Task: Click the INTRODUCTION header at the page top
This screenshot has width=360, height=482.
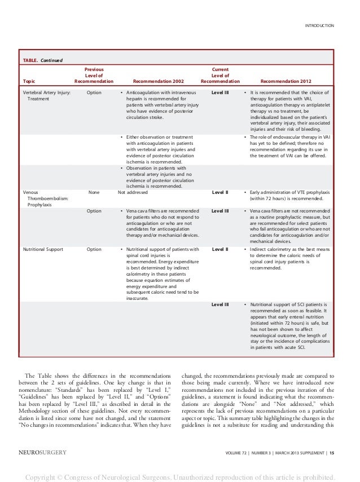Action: click(x=319, y=25)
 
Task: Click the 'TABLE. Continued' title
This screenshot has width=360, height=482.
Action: click(x=42, y=60)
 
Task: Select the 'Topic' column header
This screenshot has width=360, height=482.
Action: click(x=29, y=81)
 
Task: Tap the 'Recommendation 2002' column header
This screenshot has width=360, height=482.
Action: click(x=156, y=81)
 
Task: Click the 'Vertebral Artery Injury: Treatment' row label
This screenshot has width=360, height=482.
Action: click(x=46, y=95)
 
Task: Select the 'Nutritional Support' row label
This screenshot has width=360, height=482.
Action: click(x=43, y=249)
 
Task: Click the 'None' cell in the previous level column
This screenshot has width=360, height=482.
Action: click(x=94, y=192)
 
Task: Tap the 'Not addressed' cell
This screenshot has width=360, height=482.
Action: click(x=133, y=192)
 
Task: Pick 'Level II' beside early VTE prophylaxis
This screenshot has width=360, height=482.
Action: click(x=219, y=192)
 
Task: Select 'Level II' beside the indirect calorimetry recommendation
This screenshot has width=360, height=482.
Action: click(x=219, y=249)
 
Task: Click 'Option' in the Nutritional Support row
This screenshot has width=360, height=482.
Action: click(x=94, y=249)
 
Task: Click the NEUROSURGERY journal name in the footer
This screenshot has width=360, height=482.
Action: click(x=43, y=452)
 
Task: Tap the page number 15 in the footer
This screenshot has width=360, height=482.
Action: click(x=331, y=452)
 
